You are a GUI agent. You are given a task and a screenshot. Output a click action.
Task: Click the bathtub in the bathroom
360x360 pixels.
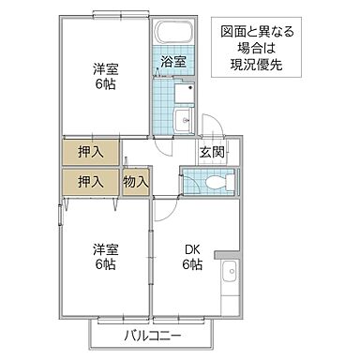tap(172, 36)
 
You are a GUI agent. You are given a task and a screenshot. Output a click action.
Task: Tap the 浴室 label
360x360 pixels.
tap(172, 63)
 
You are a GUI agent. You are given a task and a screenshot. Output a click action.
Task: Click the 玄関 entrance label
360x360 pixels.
tap(211, 153)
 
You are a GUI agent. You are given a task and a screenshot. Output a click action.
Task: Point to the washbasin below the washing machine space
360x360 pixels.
tap(182, 119)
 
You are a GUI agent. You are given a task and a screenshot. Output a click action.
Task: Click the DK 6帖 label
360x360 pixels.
tap(192, 256)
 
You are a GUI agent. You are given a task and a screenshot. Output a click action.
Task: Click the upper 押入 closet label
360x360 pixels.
tap(90, 152)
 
